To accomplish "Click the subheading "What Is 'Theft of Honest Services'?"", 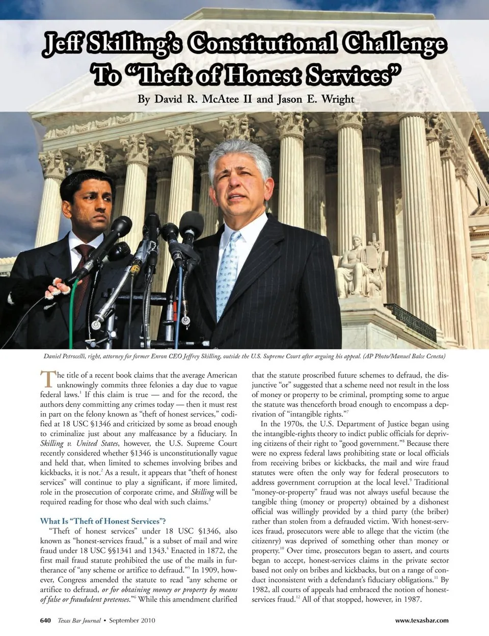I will click(103, 521).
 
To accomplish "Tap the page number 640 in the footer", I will click(46, 620).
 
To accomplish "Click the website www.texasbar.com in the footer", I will click(422, 620).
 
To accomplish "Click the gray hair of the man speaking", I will click(239, 156).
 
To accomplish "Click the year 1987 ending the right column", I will click(412, 599).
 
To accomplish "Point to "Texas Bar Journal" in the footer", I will click(79, 620).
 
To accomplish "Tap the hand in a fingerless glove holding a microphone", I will click(57, 290).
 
